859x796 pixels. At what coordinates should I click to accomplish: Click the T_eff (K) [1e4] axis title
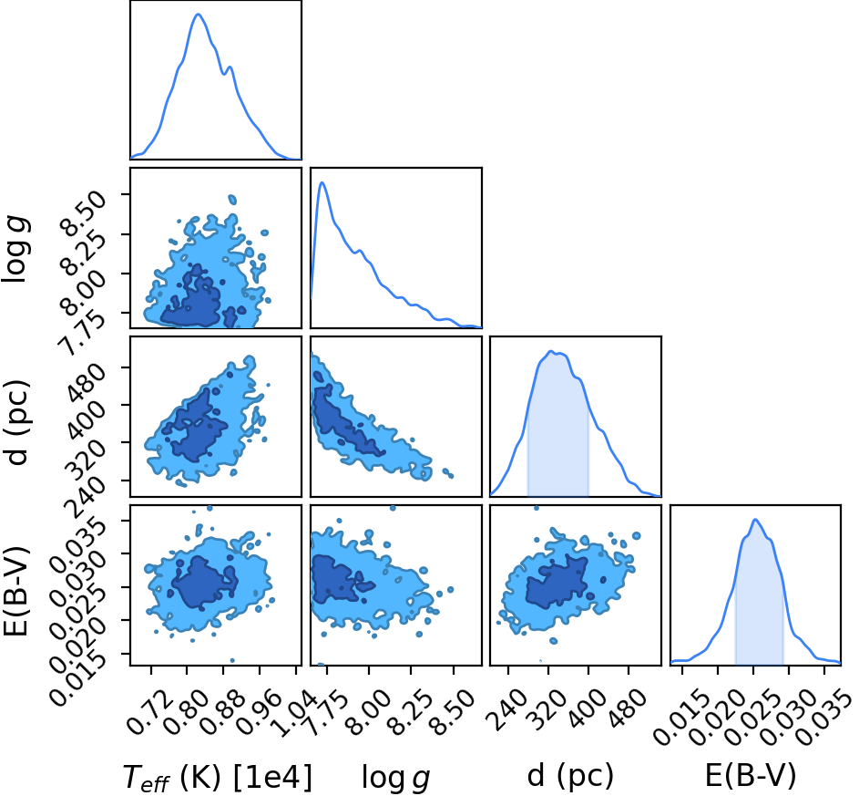coord(218,778)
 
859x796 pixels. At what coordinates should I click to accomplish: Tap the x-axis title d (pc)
coord(570,777)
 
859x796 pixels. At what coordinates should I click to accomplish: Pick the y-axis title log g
coord(16,250)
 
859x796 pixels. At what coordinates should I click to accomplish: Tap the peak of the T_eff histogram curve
coord(199,14)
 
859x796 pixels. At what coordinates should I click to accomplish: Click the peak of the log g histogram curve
coord(322,182)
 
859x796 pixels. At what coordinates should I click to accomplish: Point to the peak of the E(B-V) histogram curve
coord(755,519)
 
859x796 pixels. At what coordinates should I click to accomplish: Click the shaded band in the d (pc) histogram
coord(557,428)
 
